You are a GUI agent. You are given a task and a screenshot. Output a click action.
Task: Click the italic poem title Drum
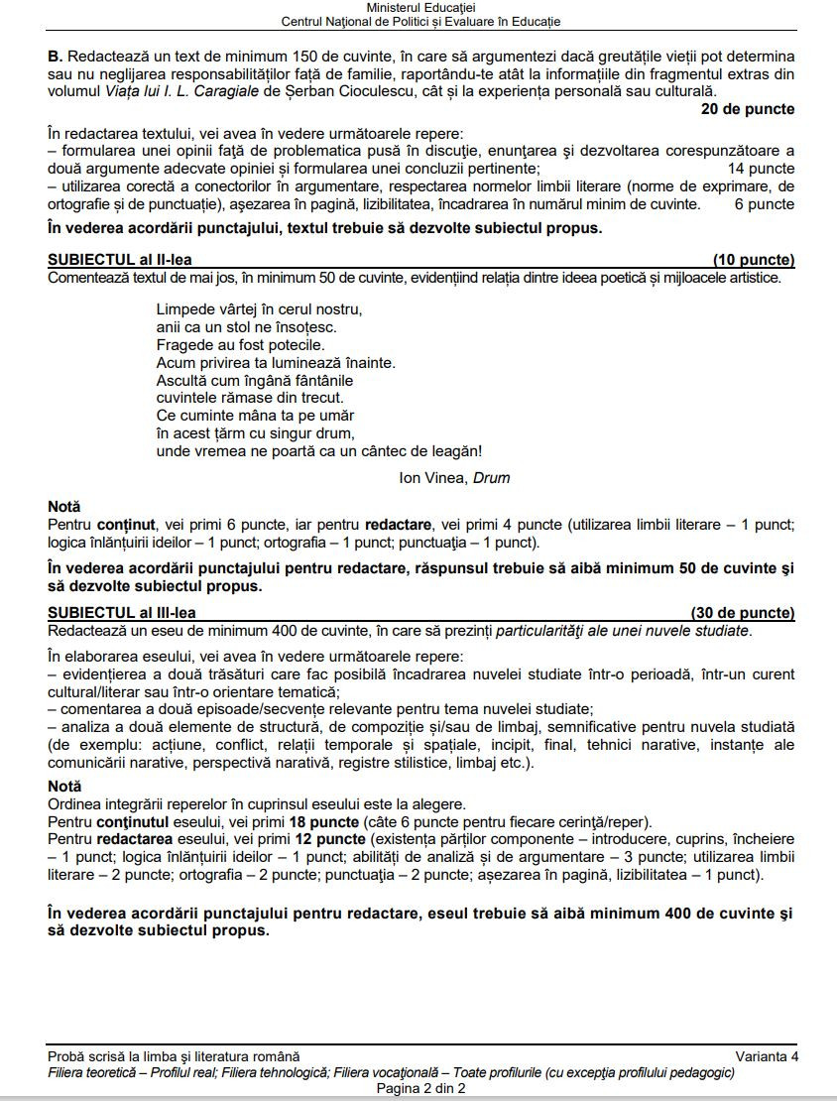click(x=492, y=478)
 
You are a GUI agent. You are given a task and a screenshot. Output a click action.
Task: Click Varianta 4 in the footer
click(x=766, y=1056)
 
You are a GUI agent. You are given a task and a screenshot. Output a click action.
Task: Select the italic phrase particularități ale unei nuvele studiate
click(x=622, y=631)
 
